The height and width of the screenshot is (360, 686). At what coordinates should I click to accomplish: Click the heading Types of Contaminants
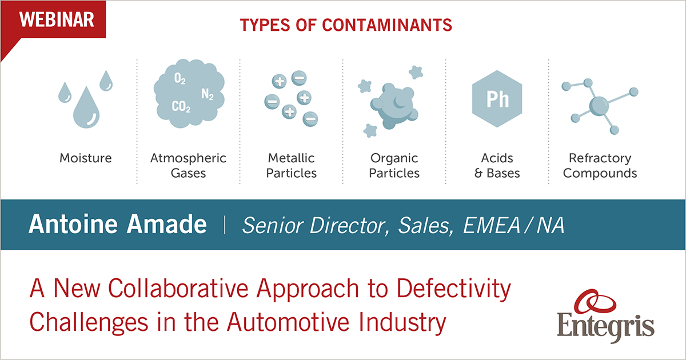point(346,26)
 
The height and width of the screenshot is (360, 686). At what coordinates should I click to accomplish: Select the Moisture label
point(86,158)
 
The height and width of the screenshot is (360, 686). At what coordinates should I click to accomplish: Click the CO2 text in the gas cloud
point(181,106)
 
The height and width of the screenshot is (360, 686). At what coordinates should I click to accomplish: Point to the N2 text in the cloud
point(208,94)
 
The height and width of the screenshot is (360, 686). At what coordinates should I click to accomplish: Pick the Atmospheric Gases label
point(188,165)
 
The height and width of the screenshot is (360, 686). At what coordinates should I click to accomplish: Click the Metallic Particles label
point(292,165)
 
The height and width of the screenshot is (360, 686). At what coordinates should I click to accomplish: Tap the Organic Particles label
point(394,165)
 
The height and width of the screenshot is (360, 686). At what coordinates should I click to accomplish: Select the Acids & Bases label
point(497,165)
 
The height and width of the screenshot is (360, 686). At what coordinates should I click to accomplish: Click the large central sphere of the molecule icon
point(599,105)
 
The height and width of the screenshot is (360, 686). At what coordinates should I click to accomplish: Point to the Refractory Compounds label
point(600,165)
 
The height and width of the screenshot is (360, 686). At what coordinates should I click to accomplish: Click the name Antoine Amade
point(118,225)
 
